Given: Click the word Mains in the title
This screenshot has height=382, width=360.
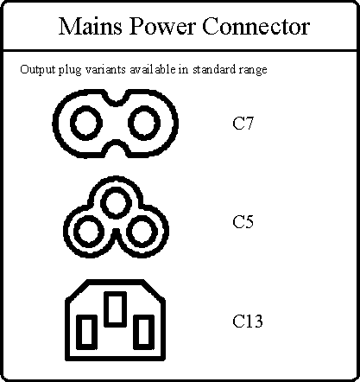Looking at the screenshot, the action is pos(91,27).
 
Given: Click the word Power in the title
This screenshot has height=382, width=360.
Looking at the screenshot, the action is pos(162,27).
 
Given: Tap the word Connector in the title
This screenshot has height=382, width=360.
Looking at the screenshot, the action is pos(256,27).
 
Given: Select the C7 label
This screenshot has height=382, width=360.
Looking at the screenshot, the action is pos(243,124).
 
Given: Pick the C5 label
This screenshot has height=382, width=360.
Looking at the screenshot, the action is pos(243,222).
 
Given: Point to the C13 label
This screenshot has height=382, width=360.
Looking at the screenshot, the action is pos(248,322).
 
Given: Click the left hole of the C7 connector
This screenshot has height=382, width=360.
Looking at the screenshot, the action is pos(86,123).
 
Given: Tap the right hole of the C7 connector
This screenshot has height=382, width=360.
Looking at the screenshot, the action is pos(144,123).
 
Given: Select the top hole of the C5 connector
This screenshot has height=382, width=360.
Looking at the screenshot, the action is pos(116,202).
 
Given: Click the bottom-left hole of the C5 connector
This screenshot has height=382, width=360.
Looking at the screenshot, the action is pos(89,232).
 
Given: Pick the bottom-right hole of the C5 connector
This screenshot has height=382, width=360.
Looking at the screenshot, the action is pos(142,232).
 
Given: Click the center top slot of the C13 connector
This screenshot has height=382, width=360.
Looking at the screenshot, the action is pos(115,309).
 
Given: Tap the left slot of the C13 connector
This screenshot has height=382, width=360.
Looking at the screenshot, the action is pos(86,332).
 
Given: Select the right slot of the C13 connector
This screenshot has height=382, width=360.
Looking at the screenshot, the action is pos(144,332).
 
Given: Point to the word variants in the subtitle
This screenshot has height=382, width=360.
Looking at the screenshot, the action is pos(105,69).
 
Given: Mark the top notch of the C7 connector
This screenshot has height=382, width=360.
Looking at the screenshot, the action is pos(116,98).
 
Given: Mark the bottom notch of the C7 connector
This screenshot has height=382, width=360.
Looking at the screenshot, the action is pos(116,149).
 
